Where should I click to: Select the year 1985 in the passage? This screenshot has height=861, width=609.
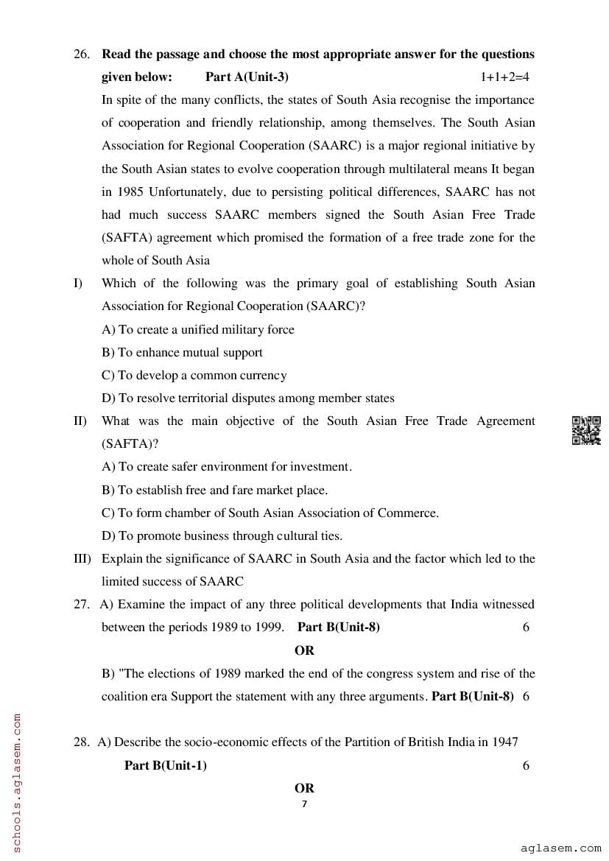coord(117,192)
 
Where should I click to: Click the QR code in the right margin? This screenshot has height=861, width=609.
coord(586,430)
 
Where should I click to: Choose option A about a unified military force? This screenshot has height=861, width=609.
coord(197,330)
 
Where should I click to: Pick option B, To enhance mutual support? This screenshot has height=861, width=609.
coord(182,353)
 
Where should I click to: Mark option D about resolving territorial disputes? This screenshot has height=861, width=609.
coord(247,398)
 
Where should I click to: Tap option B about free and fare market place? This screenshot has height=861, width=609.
coord(214,490)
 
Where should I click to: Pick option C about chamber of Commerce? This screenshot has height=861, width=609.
coord(270,513)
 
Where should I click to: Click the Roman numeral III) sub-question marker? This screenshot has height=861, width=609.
coord(82,559)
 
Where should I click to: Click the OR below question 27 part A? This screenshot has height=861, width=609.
coord(304,650)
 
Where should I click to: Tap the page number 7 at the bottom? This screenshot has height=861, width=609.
coord(304,804)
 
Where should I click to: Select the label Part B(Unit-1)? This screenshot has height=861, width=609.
coord(166,765)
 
